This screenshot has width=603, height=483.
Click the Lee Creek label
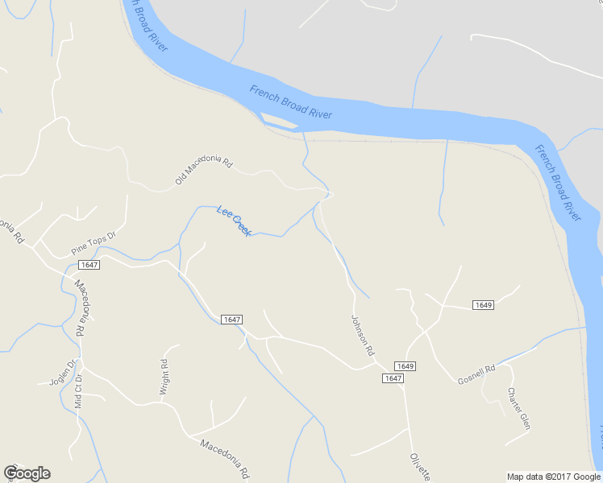click(235, 221)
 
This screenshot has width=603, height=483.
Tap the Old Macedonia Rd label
click(203, 171)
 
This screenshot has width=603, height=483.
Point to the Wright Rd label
click(164, 376)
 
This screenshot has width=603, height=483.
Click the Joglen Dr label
click(61, 373)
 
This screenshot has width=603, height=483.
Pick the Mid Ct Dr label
click(78, 392)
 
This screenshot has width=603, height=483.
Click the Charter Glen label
click(518, 408)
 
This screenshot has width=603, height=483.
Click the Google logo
click(27, 473)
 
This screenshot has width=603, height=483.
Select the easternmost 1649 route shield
click(483, 305)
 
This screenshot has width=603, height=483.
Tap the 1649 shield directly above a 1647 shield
click(405, 366)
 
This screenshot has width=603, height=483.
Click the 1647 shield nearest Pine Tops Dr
click(89, 265)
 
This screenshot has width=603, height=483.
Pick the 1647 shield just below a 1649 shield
click(393, 378)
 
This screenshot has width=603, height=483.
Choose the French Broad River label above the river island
click(291, 101)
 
